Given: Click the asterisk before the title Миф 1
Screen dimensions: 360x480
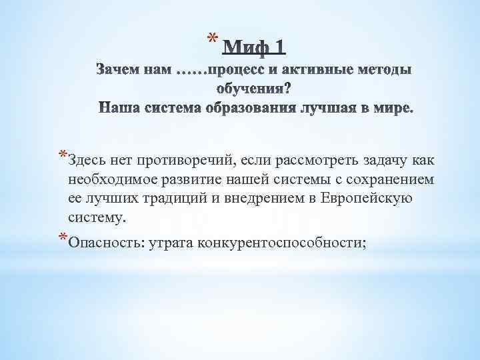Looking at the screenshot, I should (x=211, y=37).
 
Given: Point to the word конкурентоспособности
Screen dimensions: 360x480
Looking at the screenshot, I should (x=280, y=242).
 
